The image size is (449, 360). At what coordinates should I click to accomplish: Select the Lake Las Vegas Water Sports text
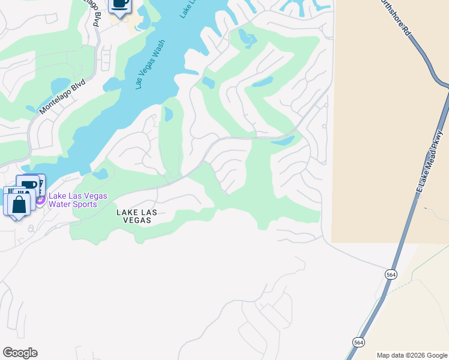(x=78, y=200)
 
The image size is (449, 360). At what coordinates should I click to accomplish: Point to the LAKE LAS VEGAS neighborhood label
(x=134, y=216)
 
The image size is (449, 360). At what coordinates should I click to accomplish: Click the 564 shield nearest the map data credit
(x=358, y=342)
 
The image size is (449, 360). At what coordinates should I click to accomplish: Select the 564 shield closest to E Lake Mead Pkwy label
(x=391, y=274)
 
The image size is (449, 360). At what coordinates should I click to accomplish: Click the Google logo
(x=20, y=353)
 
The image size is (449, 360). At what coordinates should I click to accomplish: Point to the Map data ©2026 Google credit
(x=412, y=355)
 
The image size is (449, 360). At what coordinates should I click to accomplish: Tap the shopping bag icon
(x=18, y=204)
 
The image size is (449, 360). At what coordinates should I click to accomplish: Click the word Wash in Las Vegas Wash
(x=158, y=52)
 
